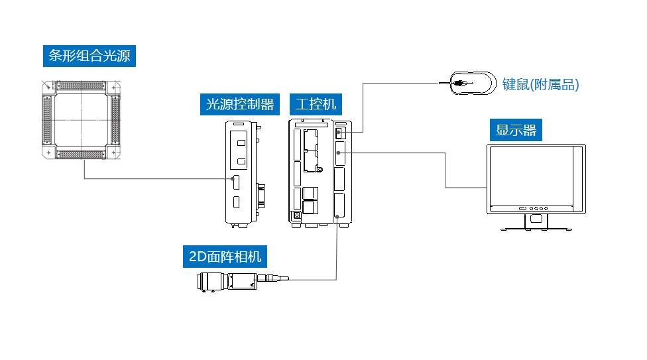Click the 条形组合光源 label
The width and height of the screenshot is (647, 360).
pyautogui.click(x=89, y=56)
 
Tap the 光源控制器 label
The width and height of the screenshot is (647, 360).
pyautogui.click(x=239, y=104)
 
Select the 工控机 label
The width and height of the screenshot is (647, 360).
pyautogui.click(x=316, y=104)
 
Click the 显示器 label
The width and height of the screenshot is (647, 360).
pyautogui.click(x=516, y=129)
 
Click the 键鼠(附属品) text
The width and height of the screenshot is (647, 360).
pyautogui.click(x=540, y=84)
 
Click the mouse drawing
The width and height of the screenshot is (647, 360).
pyautogui.click(x=472, y=84)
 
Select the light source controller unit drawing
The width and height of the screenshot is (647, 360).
pyautogui.click(x=241, y=172)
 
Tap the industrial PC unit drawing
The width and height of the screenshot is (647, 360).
pyautogui.click(x=319, y=171)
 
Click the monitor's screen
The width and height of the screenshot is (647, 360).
pyautogui.click(x=530, y=175)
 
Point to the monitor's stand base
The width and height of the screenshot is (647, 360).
pyautogui.click(x=536, y=228)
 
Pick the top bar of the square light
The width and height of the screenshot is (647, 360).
pyautogui.click(x=82, y=86)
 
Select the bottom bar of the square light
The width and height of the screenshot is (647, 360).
pyautogui.click(x=82, y=154)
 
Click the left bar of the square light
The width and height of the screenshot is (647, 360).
pyautogui.click(x=47, y=120)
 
